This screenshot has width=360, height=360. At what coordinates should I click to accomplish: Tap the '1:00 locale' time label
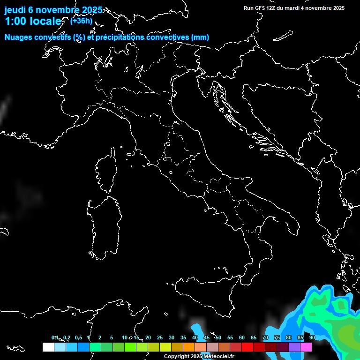[x=33, y=22]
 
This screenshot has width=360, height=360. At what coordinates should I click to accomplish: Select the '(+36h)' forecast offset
[x=81, y=21]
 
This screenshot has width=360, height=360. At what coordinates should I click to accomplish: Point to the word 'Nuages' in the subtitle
[x=19, y=37]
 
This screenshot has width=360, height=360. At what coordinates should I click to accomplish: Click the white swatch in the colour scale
[x=48, y=347]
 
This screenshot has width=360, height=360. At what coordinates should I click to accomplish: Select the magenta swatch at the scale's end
[x=306, y=347]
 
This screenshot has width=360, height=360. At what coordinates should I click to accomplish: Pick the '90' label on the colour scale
[x=312, y=337]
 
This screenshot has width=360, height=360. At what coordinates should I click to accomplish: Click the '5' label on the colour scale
[x=112, y=337]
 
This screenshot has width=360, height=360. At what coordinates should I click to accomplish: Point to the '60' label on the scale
[x=242, y=337]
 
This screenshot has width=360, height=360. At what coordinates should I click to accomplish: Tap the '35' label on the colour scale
[x=183, y=337]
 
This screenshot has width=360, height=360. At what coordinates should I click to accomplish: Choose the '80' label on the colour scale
[x=289, y=337]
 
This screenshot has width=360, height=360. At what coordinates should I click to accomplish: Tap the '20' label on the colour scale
[x=148, y=337]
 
